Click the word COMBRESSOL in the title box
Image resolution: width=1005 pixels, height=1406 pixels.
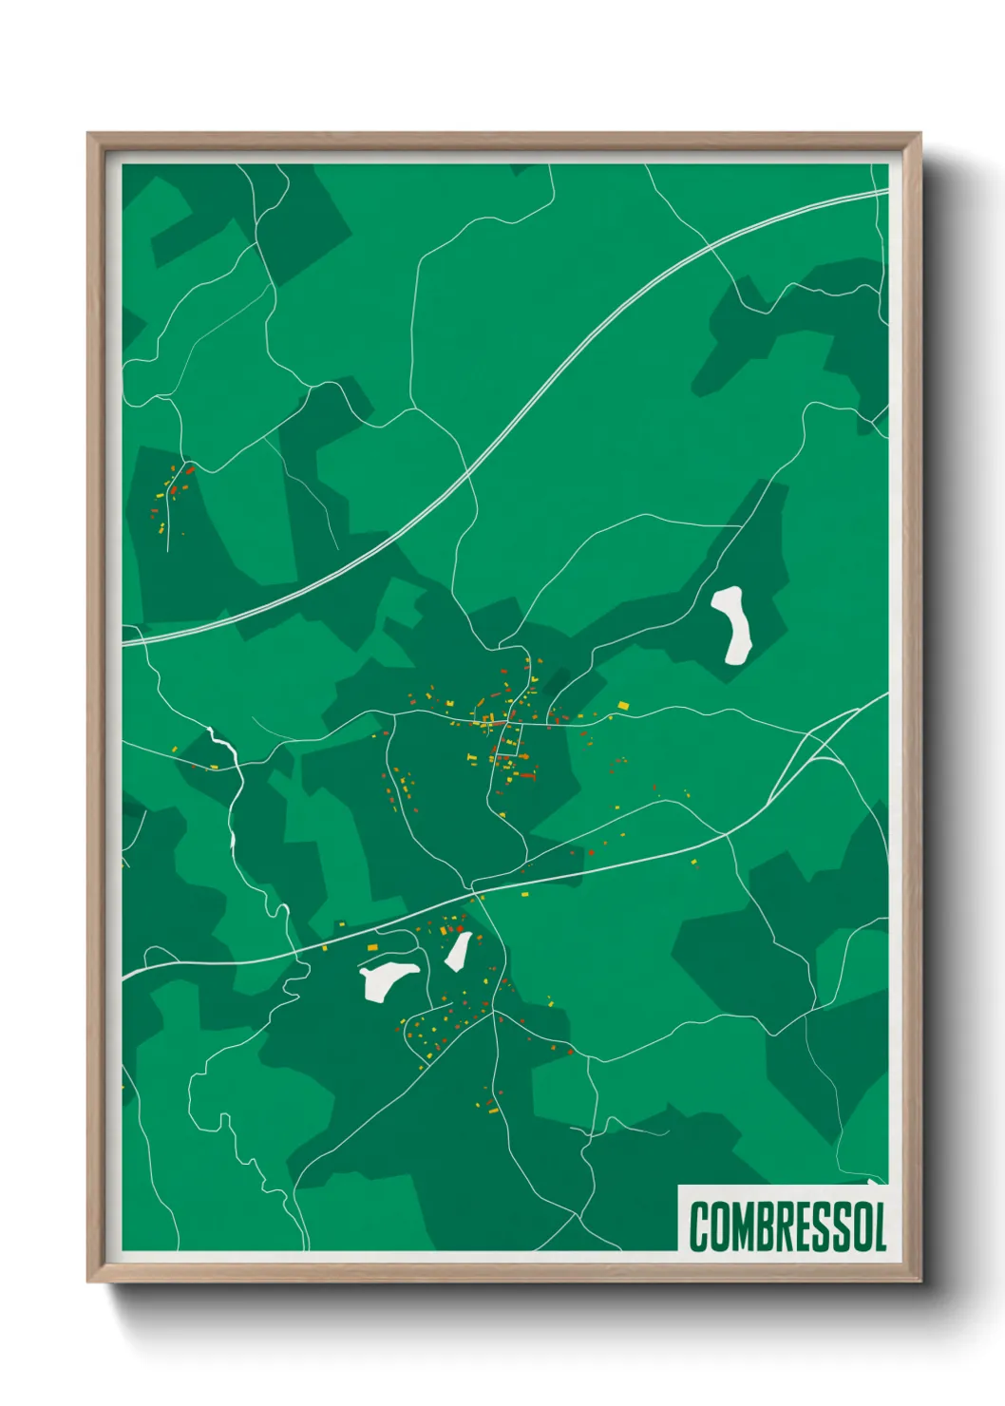coord(787,1226)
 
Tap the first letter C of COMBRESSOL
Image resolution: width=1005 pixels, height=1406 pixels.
coord(700,1226)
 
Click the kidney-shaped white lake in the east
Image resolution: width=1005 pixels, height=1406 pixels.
coord(732,624)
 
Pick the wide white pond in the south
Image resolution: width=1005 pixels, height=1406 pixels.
coord(388,978)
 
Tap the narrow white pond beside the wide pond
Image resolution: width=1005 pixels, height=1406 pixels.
coord(459,950)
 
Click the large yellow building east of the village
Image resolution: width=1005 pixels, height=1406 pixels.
coord(623,705)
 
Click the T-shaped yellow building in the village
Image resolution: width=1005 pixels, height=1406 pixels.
coord(471,757)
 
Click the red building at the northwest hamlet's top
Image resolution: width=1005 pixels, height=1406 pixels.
coord(189,469)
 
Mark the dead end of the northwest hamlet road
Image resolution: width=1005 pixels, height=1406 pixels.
coord(168,550)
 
